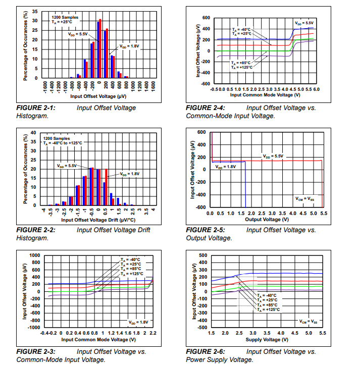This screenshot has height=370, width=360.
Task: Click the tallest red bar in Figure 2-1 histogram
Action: tap(100, 48)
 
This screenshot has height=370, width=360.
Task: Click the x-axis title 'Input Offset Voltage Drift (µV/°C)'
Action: tap(99, 221)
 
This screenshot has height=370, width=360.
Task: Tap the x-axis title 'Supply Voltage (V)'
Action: tap(267, 339)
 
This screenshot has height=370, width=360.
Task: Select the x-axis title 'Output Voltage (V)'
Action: tap(267, 220)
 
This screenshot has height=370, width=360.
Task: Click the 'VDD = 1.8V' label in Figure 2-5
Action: tap(226, 167)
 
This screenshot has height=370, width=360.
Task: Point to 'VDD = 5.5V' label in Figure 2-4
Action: tap(304, 23)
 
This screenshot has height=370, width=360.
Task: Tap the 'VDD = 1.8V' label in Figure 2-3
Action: tap(138, 322)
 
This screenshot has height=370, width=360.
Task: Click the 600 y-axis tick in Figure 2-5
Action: tap(201, 132)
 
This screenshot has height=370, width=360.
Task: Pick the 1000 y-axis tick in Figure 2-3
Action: tap(34, 255)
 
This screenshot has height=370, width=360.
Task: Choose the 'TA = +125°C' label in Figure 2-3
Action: tap(132, 274)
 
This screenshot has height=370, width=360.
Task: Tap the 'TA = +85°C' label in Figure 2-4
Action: tap(241, 62)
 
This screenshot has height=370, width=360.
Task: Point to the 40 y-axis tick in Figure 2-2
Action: tap(33, 133)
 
